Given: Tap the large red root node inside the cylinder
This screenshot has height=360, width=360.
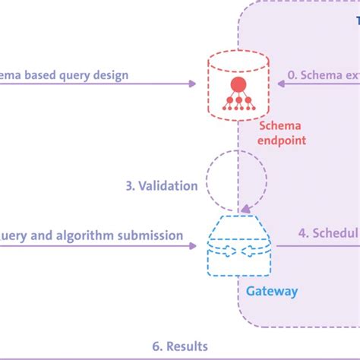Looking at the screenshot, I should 238,83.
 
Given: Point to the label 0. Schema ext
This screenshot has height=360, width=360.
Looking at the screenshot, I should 322,75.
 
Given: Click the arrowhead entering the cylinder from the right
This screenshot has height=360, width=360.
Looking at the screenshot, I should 284,83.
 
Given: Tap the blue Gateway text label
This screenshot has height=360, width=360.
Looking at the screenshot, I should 271,290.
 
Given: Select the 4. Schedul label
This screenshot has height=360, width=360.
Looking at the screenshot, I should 327,233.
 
